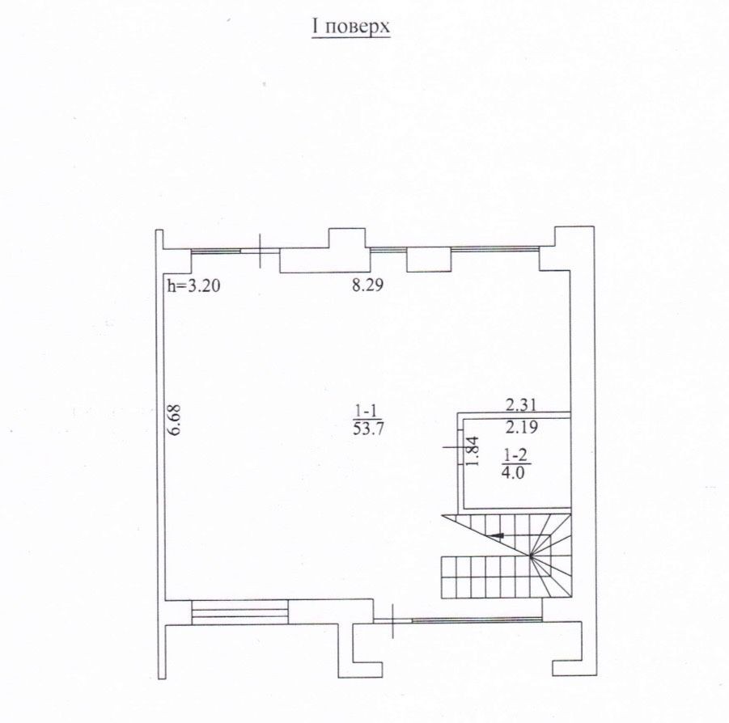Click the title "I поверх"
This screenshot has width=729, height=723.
tap(351, 27)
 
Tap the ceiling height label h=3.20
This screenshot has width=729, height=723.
tap(193, 285)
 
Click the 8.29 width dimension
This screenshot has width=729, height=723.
tap(368, 285)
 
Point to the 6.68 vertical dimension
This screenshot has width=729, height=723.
tap(174, 419)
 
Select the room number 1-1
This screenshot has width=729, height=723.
tap(367, 411)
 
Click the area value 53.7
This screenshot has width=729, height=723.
tap(368, 429)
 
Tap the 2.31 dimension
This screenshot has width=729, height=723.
tap(521, 405)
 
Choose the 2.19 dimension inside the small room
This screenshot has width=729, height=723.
tap(522, 427)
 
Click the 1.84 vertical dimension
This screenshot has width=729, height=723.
tap(472, 451)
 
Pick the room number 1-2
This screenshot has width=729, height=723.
tap(515, 455)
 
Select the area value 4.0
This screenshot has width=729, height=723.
tap(514, 473)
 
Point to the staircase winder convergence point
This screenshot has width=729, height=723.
tap(531, 556)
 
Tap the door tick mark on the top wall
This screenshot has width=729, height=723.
tap(260, 251)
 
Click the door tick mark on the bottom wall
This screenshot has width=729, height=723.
tap(393, 619)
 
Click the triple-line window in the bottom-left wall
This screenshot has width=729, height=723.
tap(240, 612)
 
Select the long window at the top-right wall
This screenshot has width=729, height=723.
tap(494, 249)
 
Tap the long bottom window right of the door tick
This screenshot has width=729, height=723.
tap(477, 619)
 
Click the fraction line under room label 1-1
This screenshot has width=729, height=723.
tap(367, 419)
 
